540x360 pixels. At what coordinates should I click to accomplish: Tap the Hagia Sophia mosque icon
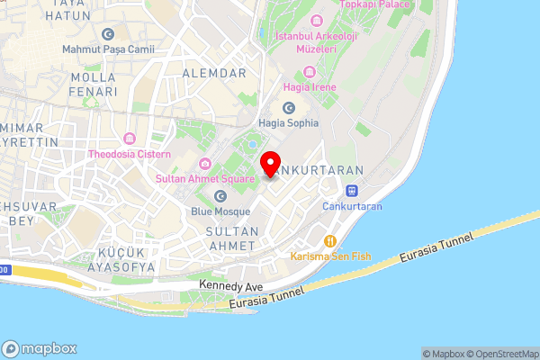(x=289, y=108)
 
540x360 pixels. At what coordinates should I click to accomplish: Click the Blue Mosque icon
(x=220, y=195)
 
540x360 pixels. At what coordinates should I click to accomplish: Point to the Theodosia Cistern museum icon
(x=131, y=139)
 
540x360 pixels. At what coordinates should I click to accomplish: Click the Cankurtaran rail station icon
(x=352, y=191)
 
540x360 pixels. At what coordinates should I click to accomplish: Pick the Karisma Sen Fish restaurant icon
(x=330, y=241)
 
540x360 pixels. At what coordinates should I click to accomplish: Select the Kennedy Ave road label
(x=232, y=284)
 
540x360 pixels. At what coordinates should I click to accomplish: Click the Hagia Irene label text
(x=310, y=87)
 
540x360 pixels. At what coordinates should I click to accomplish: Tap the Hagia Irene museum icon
(x=310, y=72)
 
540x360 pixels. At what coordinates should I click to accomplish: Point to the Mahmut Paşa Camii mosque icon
(x=108, y=34)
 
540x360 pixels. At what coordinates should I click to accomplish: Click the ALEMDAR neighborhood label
(x=214, y=71)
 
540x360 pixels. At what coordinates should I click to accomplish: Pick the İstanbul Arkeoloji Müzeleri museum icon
(x=315, y=21)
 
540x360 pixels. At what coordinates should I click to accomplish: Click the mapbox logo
(x=40, y=348)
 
